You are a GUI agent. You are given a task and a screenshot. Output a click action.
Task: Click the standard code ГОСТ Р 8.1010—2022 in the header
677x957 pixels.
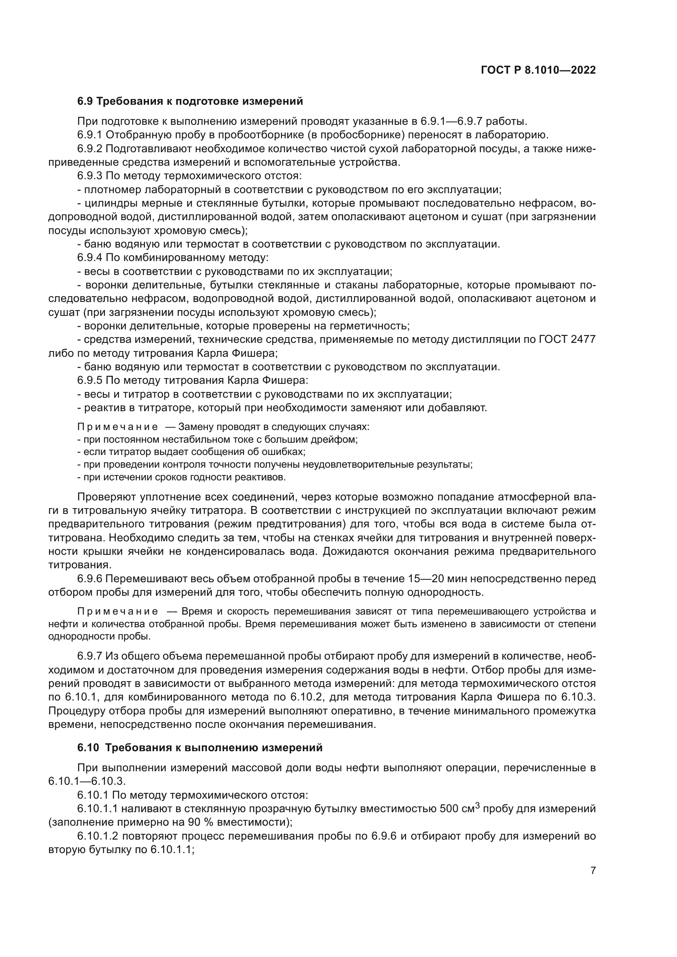coord(538,70)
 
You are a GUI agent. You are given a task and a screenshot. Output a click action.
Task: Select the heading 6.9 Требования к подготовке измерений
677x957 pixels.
coord(190,101)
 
